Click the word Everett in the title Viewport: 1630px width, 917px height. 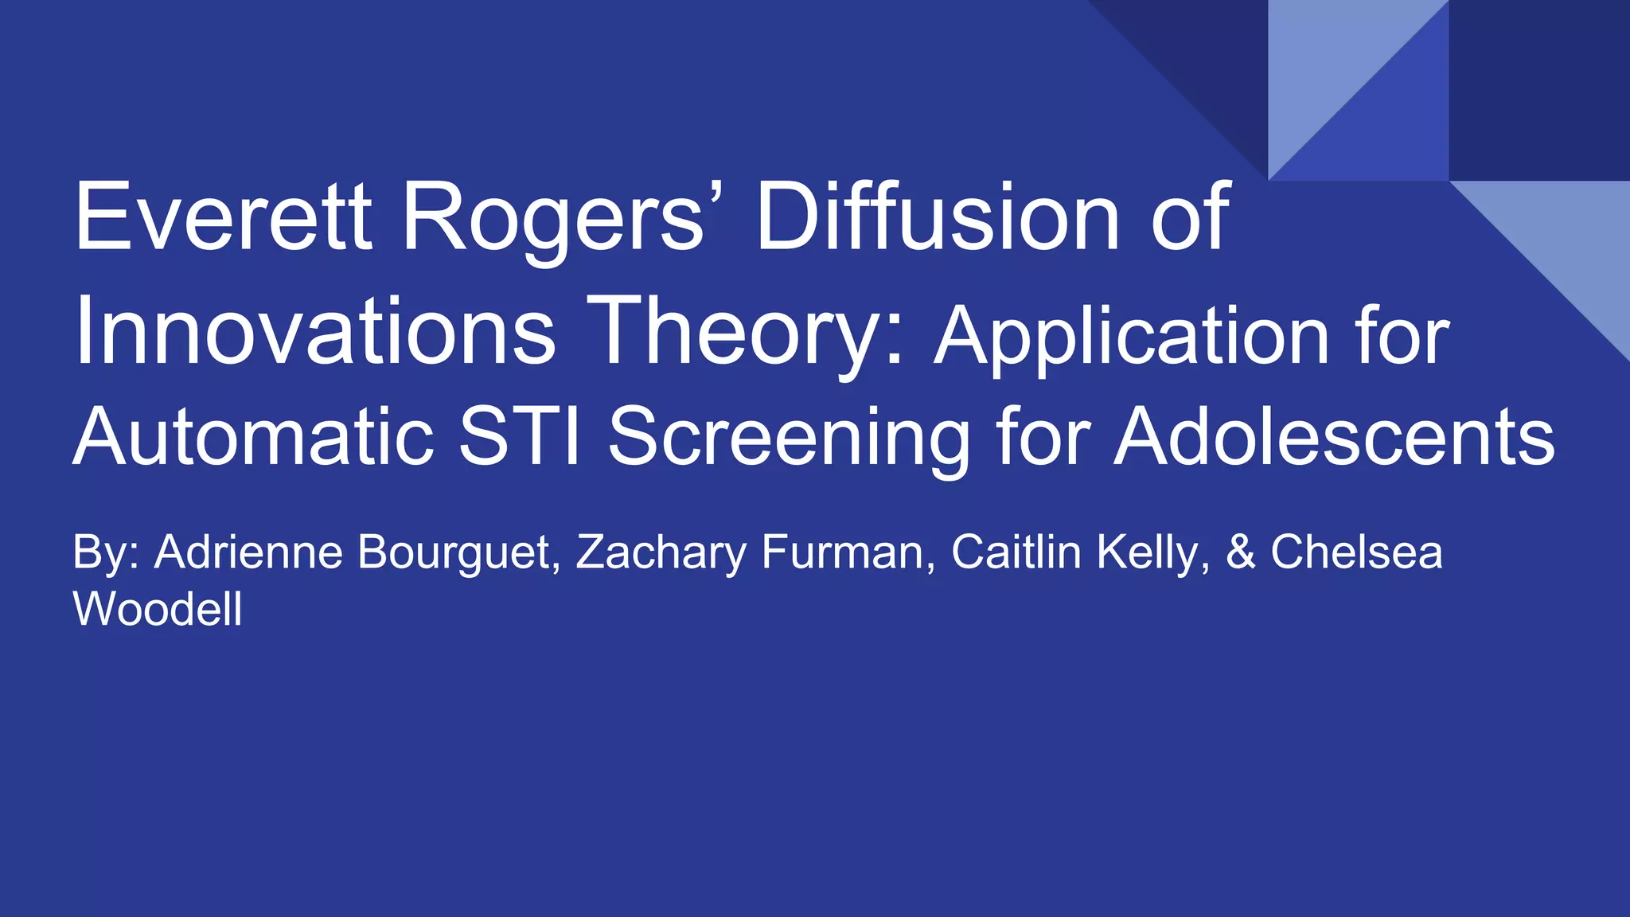[x=223, y=217]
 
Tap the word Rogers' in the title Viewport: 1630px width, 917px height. [x=553, y=217]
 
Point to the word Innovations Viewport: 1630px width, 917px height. [x=315, y=330]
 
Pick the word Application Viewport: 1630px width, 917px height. [x=1131, y=336]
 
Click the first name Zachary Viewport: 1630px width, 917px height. [x=661, y=552]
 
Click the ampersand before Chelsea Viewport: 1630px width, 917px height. [x=1240, y=552]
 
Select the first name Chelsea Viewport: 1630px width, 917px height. [x=1356, y=552]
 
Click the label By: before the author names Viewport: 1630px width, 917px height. [x=106, y=552]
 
